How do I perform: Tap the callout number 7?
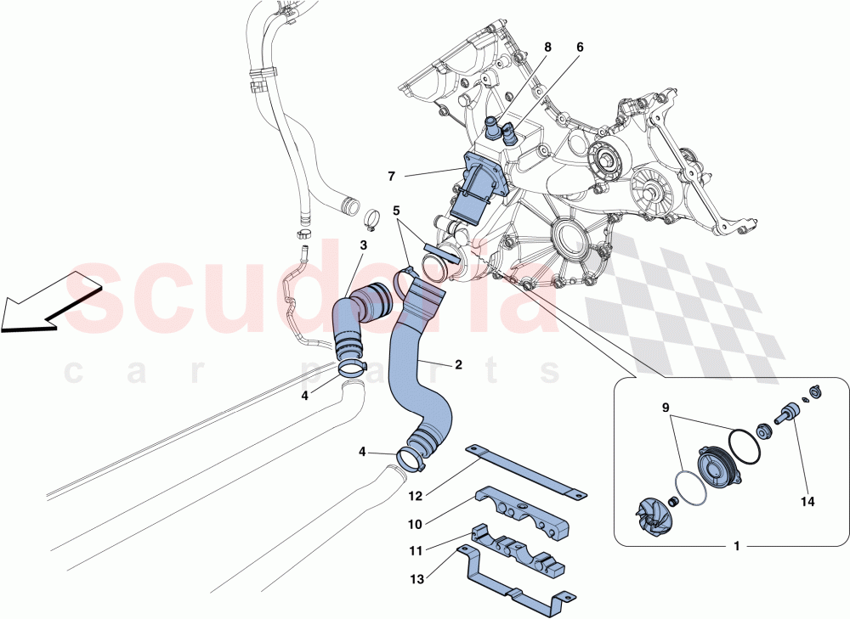tap(392, 177)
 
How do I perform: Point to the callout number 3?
tap(363, 245)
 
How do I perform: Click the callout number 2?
tap(458, 364)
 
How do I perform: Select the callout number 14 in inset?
tap(807, 502)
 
